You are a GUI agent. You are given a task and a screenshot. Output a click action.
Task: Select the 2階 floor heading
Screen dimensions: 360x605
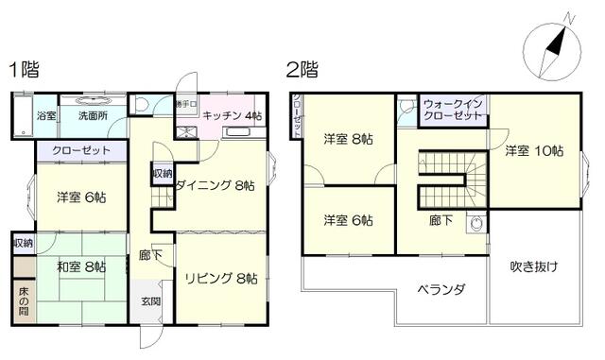(302, 70)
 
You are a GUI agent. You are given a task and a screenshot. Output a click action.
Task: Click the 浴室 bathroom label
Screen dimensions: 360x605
(46, 116)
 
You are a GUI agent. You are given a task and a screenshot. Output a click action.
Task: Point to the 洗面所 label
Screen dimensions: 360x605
(93, 116)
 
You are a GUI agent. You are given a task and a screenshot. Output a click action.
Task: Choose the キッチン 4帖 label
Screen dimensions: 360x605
(232, 115)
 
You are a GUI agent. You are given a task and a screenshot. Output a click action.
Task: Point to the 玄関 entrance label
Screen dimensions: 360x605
(151, 300)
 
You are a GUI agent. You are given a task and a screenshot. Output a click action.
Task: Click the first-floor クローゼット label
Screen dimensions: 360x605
(81, 150)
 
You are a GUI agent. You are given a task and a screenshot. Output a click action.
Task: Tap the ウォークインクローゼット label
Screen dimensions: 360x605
(453, 111)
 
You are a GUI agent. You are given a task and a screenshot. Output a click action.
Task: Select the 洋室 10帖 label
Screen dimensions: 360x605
(533, 150)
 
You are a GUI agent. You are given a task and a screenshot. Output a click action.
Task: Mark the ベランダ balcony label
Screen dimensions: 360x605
(441, 290)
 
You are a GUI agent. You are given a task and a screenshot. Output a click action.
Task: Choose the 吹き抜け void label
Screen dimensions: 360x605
(533, 266)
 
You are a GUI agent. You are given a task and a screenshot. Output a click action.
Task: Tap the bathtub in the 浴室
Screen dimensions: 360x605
(24, 115)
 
